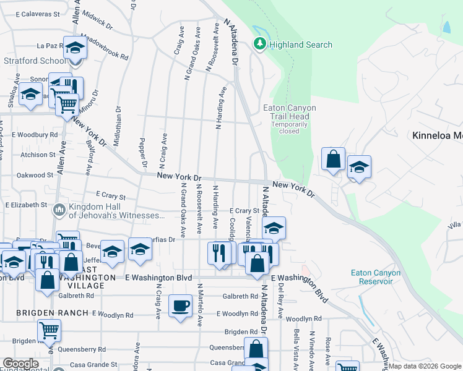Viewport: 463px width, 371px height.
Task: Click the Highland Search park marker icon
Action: tap(261, 44)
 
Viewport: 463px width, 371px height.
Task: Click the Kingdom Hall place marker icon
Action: tap(59, 210)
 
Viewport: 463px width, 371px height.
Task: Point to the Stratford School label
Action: tap(35, 61)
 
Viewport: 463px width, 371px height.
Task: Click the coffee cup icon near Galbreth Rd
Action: tap(180, 305)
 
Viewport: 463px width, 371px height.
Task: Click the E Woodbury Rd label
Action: tap(35, 134)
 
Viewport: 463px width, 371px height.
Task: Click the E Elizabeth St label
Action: tap(26, 205)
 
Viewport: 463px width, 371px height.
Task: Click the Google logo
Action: tap(20, 364)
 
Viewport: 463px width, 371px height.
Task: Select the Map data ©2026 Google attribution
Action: tap(425, 366)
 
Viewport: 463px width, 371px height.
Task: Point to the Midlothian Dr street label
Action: tap(118, 124)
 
